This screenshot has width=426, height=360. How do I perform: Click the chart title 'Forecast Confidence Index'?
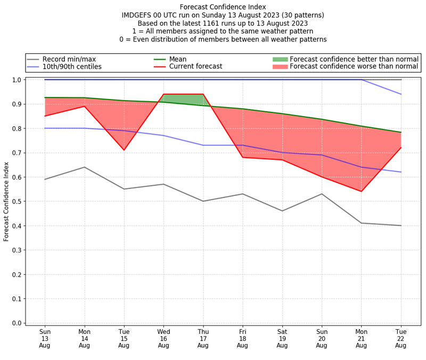223,7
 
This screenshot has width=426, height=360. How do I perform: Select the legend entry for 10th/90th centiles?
72,67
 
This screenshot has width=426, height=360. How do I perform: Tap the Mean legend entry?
191,59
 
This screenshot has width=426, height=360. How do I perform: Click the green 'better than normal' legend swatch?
280,59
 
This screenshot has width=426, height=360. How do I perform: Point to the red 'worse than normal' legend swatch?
280,67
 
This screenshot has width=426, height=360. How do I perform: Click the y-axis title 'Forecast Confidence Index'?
7,201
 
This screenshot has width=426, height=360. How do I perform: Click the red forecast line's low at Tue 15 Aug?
124,150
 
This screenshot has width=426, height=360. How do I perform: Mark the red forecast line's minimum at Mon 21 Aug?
361,191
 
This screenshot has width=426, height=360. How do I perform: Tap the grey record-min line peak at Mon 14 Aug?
85,167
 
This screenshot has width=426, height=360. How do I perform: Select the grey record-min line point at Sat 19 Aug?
282,211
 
